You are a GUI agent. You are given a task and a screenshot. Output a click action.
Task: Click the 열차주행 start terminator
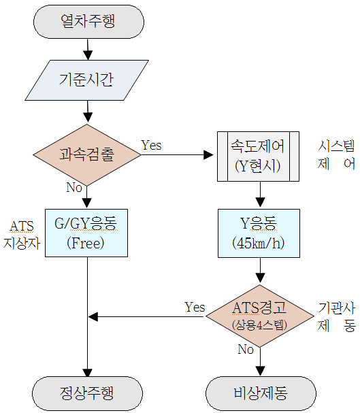[x=88, y=22]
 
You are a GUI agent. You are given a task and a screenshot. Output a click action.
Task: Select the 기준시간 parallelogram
[x=86, y=80]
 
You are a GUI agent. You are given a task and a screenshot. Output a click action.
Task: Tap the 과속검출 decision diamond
[x=87, y=155]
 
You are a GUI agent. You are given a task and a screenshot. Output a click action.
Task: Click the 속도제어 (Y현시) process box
[x=258, y=156]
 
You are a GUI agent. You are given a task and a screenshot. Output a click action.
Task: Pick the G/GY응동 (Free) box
[x=86, y=233]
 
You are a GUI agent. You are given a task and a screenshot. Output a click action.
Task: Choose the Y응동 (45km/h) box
[x=259, y=233]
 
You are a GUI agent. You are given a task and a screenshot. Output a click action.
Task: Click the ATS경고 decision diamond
[x=260, y=316]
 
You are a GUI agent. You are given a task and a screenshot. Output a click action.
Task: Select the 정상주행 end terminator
[x=87, y=393]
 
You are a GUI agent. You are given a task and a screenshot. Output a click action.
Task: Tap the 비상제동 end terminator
[x=261, y=393]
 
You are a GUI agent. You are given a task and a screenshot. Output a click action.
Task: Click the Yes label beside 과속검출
[x=151, y=145]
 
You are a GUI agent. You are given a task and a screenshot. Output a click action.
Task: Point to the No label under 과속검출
[x=74, y=188]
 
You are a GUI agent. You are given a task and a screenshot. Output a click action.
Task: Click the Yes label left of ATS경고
[x=195, y=307]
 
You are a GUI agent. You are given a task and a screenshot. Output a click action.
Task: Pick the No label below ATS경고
[x=246, y=350]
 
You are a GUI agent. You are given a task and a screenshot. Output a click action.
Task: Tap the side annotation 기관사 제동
[x=337, y=317]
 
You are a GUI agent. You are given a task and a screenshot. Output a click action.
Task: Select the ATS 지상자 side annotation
[x=22, y=235]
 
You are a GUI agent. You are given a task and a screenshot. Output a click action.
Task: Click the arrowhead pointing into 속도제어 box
[x=208, y=155]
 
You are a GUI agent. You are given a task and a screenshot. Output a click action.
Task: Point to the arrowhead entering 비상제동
[x=260, y=371]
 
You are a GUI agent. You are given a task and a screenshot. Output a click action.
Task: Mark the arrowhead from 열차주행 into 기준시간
[x=88, y=55]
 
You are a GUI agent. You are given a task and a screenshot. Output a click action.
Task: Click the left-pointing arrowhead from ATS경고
[x=93, y=316]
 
